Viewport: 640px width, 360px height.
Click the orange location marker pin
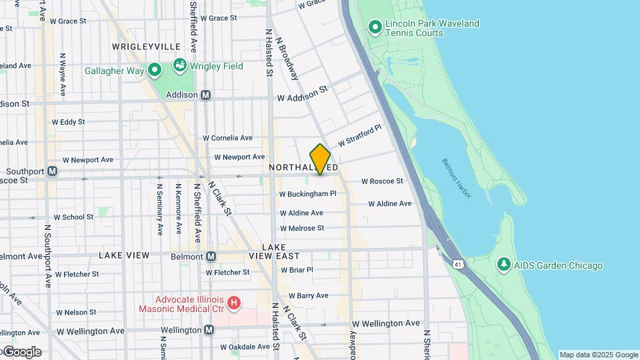coord(320,159)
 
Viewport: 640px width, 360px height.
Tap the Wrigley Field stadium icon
coord(179,65)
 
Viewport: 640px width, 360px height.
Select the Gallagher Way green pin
coord(155,69)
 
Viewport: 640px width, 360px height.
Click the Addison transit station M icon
coord(206,95)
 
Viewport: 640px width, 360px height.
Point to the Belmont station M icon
coord(211,256)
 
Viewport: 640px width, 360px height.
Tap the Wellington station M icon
coord(209,329)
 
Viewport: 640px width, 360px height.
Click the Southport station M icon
coord(52,171)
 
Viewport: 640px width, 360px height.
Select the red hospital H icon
coord(233,303)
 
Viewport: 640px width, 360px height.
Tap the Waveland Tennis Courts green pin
coord(375,27)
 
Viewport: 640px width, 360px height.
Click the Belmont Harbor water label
coord(457,178)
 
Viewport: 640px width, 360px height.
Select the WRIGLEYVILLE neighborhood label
coord(146,47)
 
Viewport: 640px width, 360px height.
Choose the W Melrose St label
coord(301,228)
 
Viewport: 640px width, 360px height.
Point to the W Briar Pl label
coord(297,270)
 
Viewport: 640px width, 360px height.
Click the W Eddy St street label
coord(73,122)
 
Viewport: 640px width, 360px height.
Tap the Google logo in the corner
coord(21,351)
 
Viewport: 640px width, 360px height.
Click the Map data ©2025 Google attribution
coord(598,355)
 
